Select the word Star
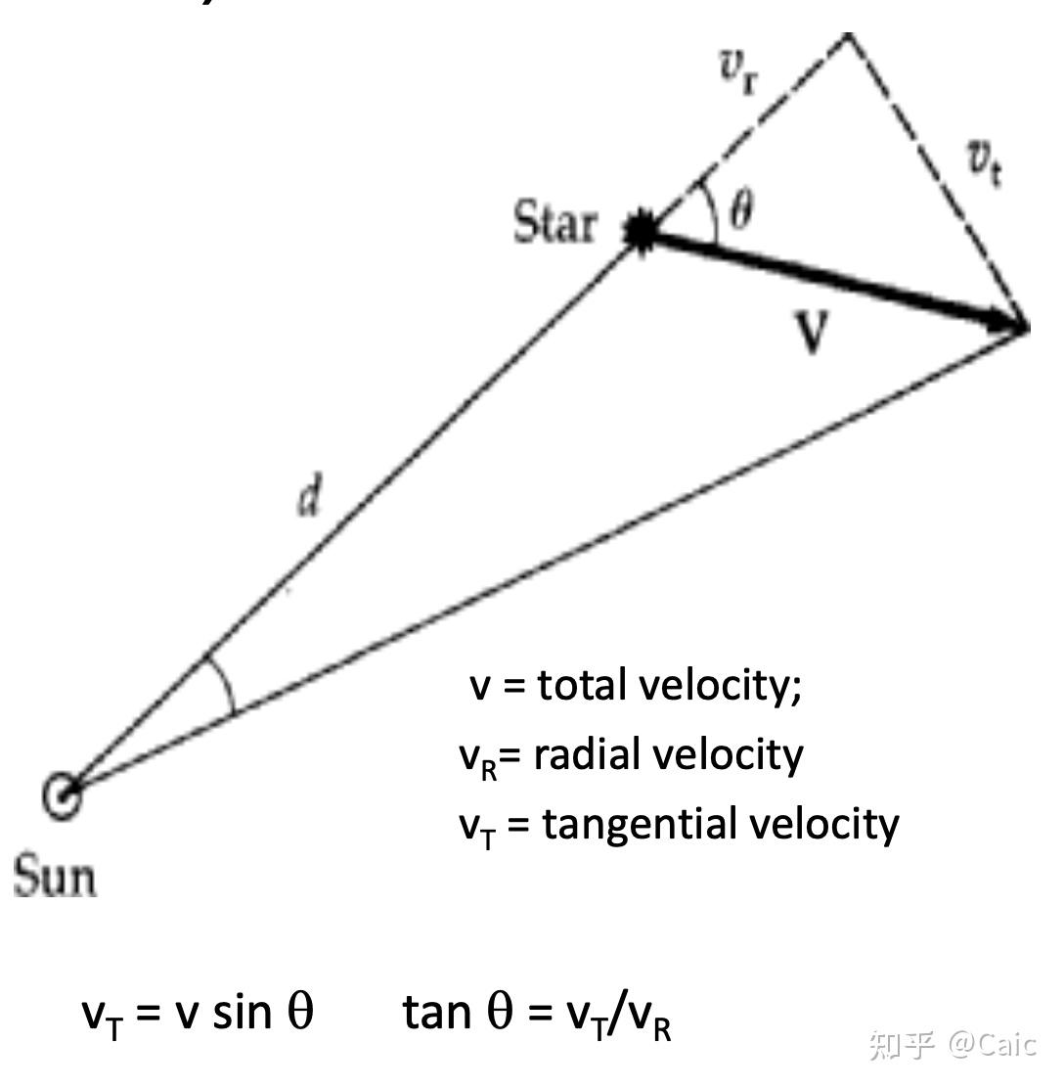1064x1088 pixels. [554, 225]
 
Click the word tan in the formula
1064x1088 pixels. [435, 1012]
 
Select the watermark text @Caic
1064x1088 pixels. [991, 1045]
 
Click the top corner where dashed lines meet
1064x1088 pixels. [847, 35]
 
